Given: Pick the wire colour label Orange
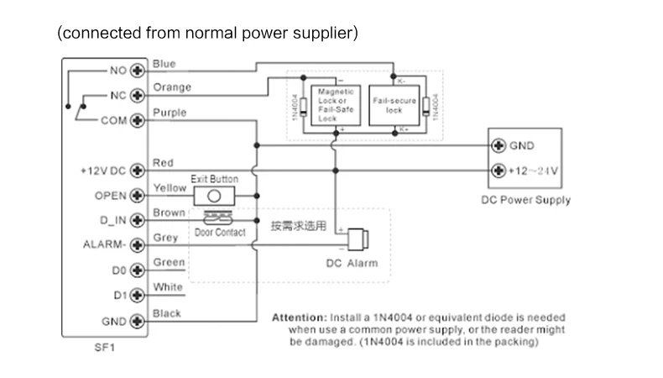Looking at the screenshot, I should point(172,87).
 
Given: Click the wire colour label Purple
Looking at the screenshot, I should point(170,113).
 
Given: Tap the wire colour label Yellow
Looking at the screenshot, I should point(170,188).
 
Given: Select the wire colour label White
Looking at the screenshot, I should point(168,288).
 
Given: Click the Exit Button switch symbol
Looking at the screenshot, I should point(216,196).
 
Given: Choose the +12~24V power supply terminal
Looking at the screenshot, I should point(499,171).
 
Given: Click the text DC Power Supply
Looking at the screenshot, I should point(525,200).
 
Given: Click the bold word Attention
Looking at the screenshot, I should point(298,318).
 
